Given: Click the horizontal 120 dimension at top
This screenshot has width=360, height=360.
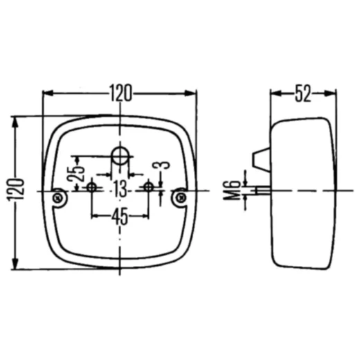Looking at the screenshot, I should point(120,92).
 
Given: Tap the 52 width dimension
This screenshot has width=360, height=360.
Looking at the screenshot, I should point(303,92).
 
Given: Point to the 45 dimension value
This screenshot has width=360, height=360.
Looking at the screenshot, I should point(119,217).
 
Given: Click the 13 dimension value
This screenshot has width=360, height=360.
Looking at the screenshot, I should point(120,187).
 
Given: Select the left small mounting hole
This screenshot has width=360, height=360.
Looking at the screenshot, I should point(91,187).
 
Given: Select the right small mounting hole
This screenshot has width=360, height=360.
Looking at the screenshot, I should point(148,187).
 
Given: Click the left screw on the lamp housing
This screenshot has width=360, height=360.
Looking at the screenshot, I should point(60,198).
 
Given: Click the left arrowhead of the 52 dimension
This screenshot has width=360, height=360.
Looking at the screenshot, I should point(274,92).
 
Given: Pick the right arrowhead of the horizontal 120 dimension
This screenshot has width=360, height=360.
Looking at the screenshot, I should point(193,92).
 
